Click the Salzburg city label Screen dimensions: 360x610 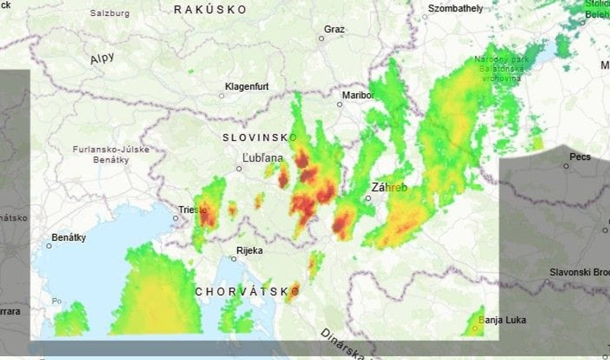[x=110, y=13]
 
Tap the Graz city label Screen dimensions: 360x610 [x=334, y=29]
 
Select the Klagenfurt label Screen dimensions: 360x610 [x=246, y=87]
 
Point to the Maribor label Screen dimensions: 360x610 [x=358, y=95]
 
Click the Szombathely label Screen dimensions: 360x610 [x=456, y=8]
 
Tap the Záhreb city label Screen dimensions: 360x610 [x=389, y=188]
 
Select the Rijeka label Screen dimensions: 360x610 [x=249, y=250]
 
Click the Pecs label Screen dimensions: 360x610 [x=579, y=156]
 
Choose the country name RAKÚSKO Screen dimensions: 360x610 [x=210, y=9]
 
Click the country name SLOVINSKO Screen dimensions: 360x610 [x=259, y=137]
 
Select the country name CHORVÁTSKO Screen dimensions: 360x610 [x=246, y=291]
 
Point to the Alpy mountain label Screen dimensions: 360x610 [x=101, y=58]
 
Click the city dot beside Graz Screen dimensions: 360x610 [x=322, y=38]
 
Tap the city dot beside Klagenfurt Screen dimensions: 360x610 [x=222, y=95]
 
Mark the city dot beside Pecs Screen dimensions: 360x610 [x=568, y=168]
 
